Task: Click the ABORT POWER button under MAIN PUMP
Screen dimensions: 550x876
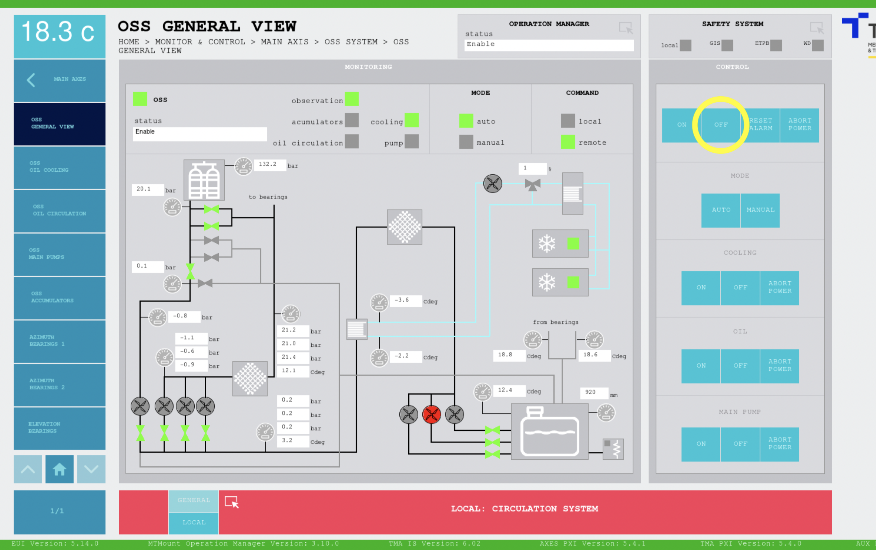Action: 779,444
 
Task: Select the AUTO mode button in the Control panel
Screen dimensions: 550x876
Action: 721,210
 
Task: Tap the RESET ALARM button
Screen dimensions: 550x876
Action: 760,125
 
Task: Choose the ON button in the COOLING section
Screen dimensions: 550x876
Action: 701,288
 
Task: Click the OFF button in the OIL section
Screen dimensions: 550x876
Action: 740,366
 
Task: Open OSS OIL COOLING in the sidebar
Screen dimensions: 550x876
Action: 59,167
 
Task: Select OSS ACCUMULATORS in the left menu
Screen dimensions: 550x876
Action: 59,297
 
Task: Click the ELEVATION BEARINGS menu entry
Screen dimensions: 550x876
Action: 59,428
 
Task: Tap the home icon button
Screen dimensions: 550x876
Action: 59,469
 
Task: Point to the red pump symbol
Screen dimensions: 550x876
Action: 431,414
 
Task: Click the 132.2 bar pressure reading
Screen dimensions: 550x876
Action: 269,165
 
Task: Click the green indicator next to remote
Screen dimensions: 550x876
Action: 568,142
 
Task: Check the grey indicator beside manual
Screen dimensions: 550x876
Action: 466,142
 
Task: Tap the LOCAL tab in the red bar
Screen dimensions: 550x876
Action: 194,522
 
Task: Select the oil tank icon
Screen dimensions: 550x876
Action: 549,431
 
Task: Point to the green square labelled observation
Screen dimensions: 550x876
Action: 351,100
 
